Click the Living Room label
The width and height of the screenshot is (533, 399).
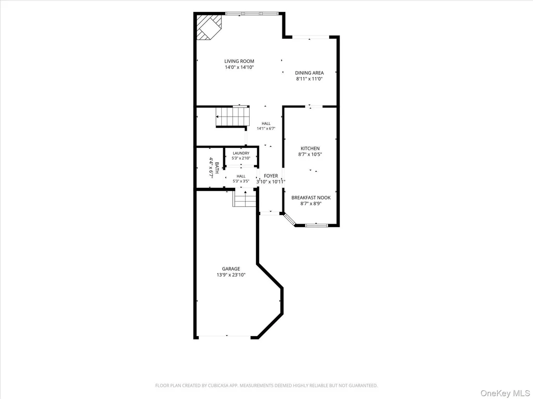coord(239,61)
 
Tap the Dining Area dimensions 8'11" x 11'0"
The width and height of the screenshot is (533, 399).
coord(309,79)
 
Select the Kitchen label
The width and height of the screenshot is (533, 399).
coord(310,148)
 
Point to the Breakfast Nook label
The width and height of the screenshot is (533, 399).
coord(311,197)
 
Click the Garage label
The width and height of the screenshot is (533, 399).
coord(231,269)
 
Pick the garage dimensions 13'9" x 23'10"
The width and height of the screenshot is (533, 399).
coord(231,275)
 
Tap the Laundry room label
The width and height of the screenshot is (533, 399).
coord(241,153)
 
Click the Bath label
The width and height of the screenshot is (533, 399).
coord(216,167)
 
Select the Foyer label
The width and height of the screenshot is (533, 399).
coord(271,176)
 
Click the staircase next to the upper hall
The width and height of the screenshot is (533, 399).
coord(232,117)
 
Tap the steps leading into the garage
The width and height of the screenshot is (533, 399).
coord(244,198)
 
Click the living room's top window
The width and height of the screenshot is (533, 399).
coord(252,13)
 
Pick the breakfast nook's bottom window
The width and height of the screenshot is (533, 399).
coord(317,225)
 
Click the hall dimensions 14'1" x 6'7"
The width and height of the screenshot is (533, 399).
coord(266,129)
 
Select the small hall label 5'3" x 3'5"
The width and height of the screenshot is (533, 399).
coord(241,181)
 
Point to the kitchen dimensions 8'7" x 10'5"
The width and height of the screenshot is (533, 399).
coord(310,155)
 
